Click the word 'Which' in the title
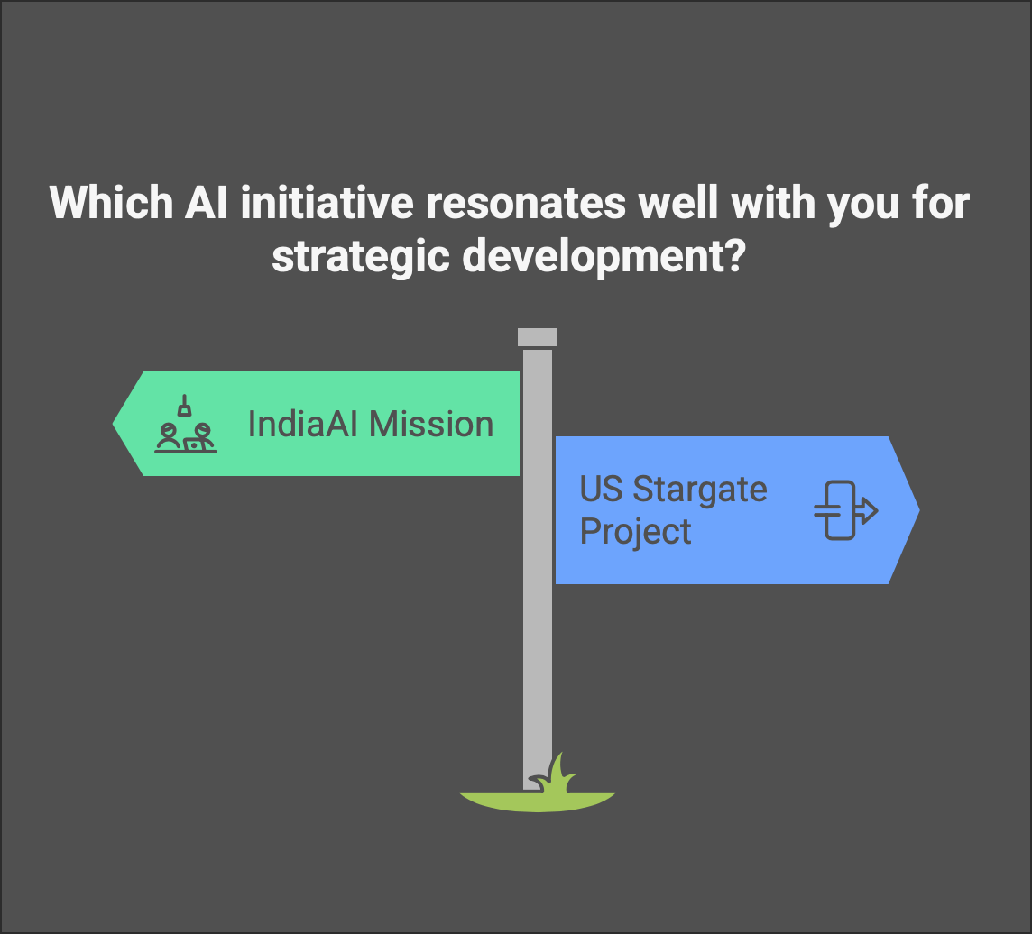(111, 202)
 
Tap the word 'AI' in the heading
(206, 202)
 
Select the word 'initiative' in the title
(327, 202)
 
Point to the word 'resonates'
(526, 203)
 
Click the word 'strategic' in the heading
(361, 257)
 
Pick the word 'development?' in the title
(604, 257)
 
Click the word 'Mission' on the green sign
(431, 424)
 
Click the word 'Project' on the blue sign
(635, 532)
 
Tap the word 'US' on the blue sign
(601, 489)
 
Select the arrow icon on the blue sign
(846, 510)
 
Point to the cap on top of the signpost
(538, 337)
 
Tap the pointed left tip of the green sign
(113, 425)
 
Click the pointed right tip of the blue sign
(919, 509)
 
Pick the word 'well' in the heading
(678, 202)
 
